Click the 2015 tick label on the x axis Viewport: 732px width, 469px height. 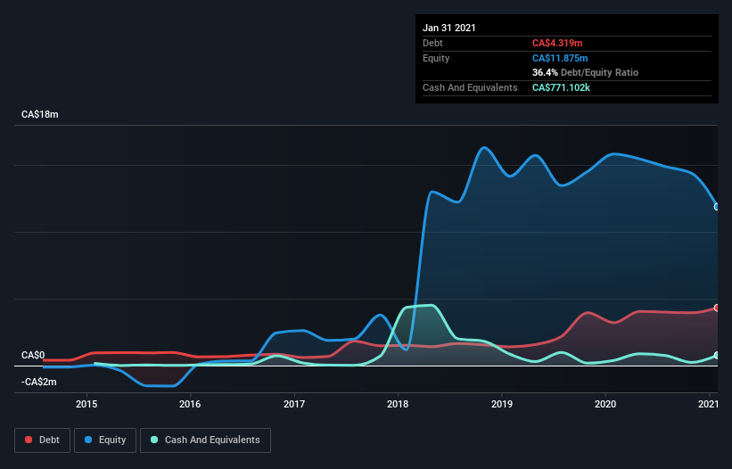point(86,405)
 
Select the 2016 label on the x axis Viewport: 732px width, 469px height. point(190,405)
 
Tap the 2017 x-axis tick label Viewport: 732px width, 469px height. point(294,405)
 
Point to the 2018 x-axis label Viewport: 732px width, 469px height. point(398,405)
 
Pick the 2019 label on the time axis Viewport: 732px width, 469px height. point(502,405)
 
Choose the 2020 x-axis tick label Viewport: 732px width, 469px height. point(605,405)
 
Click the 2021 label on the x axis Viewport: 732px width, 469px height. point(708,405)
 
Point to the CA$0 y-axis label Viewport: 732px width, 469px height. point(33,355)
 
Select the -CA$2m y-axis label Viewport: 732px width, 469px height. point(38,382)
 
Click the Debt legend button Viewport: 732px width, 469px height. point(41,440)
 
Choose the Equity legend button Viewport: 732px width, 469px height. point(105,440)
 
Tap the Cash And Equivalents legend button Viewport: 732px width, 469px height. point(205,440)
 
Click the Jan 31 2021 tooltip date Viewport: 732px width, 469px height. point(448,28)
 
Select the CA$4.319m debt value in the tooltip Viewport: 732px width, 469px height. point(558,43)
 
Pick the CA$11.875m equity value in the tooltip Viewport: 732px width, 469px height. point(561,58)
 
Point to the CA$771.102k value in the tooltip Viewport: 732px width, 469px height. point(566,87)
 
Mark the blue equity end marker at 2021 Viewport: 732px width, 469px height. point(716,207)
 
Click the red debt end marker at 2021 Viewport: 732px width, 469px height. point(716,308)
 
